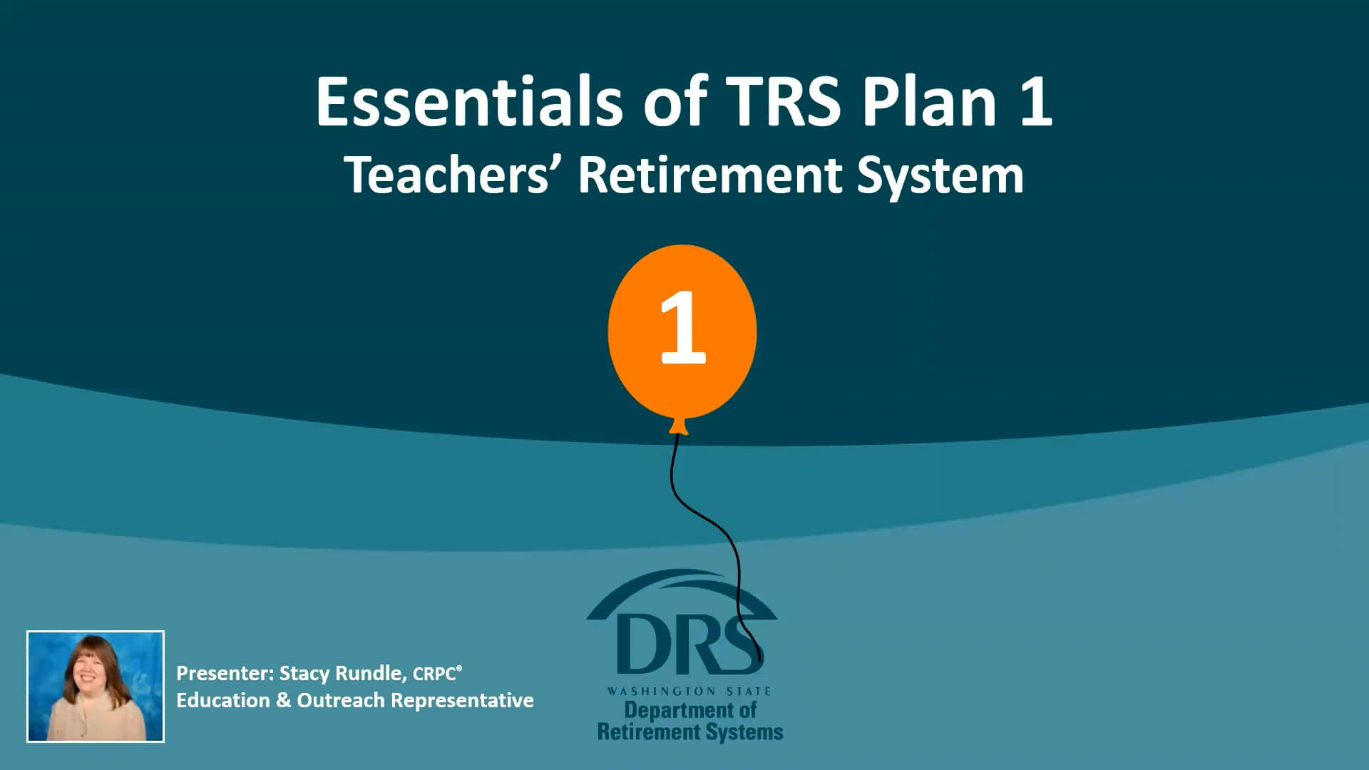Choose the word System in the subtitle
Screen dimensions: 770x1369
click(940, 176)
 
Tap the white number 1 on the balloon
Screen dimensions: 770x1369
click(682, 328)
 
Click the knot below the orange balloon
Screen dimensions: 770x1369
click(678, 426)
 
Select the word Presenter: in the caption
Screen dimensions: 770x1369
click(225, 674)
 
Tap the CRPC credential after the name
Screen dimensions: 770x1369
click(435, 674)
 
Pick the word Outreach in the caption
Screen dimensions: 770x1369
click(341, 700)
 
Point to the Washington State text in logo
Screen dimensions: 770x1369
click(689, 691)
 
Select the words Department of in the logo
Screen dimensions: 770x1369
click(690, 710)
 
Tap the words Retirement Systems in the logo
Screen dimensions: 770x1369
click(690, 732)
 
